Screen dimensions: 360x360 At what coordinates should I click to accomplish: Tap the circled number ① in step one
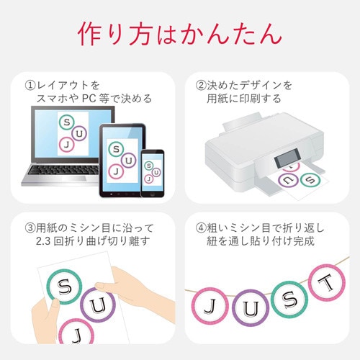tap(30, 85)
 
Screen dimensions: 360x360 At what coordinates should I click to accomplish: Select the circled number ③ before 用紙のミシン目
tap(30, 228)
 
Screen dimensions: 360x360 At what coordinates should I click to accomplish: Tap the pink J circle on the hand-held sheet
tap(71, 334)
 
